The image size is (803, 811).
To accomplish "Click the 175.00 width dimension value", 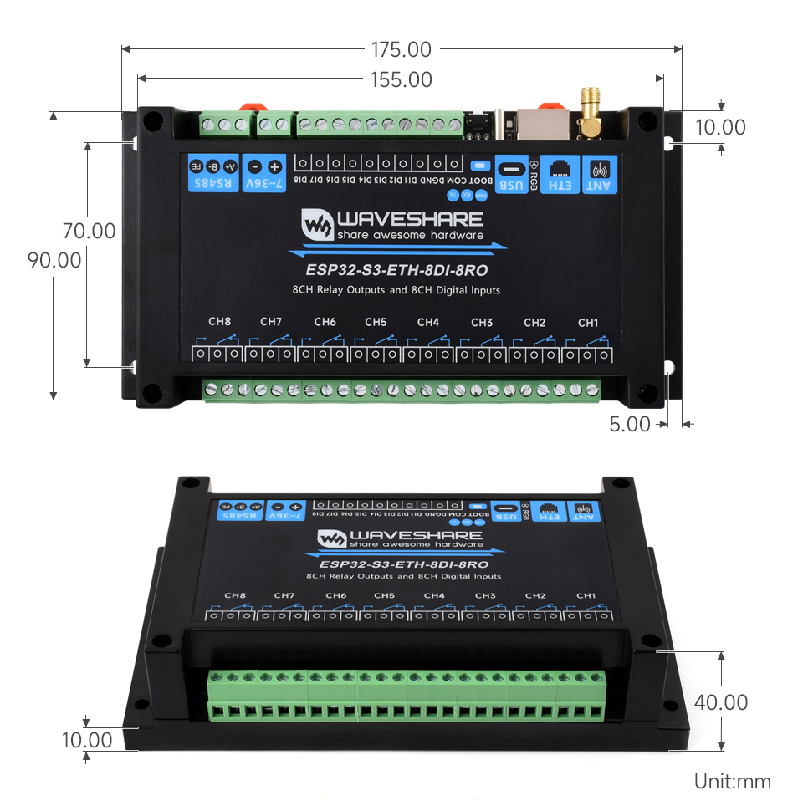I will pos(402,49).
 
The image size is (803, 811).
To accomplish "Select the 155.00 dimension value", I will pos(401,79).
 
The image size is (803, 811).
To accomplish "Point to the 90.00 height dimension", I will pos(55,260).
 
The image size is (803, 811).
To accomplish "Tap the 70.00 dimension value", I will pos(89,231).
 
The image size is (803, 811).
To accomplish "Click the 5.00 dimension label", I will pos(630,424).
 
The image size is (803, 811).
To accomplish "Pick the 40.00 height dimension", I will pos(720,702).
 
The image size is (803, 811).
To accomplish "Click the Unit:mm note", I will pos(732,782).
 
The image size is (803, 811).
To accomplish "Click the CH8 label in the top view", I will pos(219,322).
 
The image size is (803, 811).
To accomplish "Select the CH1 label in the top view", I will pos(588,322).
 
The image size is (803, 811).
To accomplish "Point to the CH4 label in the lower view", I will pos(434,595).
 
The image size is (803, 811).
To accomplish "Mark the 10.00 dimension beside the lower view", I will pos(87,740).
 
